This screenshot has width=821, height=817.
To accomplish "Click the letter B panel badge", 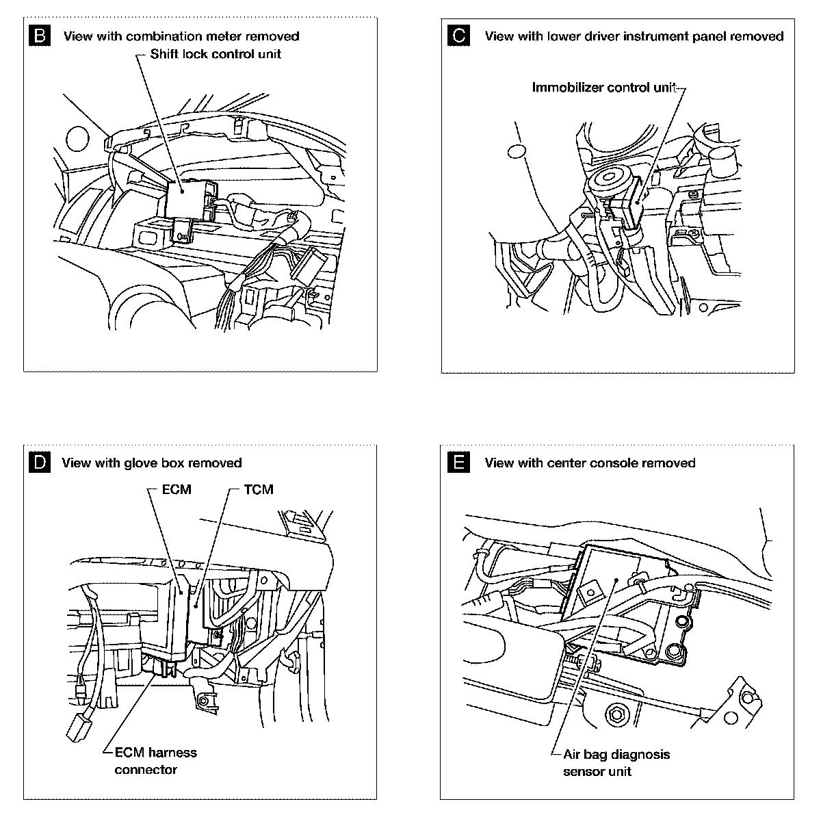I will pos(41,36).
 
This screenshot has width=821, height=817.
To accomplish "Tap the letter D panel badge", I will pos(41,463).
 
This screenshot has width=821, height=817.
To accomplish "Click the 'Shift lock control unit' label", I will pos(216,54).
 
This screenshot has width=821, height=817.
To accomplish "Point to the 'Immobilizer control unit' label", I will pos(605,88).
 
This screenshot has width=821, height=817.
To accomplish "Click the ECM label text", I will pos(177,489).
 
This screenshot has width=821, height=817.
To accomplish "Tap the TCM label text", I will pos(258,489).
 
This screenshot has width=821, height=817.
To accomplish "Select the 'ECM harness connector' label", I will pos(151,761).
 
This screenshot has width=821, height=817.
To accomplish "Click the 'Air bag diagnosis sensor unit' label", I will pos(616,763).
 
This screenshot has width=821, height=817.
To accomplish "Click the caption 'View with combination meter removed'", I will pos(181,36).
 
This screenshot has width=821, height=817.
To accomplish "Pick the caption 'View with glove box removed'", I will pos(151,463).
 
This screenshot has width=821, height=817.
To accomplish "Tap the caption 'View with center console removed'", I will pos(590,463).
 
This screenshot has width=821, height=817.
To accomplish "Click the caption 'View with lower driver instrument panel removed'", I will pos(634,36).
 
